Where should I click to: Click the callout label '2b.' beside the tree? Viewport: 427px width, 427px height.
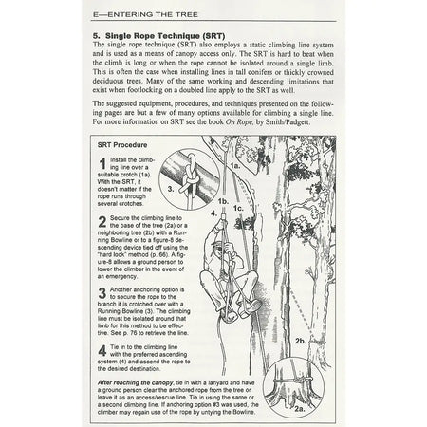point(301,340)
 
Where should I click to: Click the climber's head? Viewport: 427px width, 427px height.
point(217,251)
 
